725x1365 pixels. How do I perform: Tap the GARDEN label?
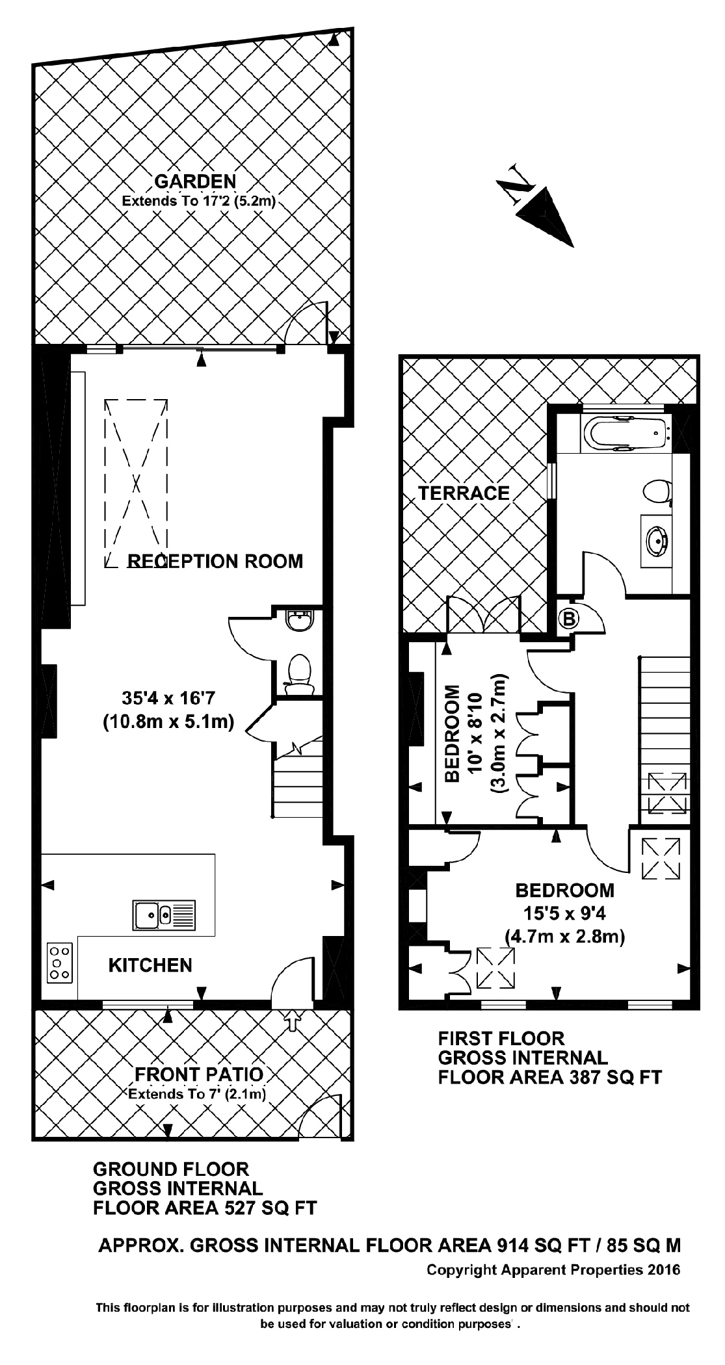(x=194, y=181)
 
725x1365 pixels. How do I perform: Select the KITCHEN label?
(x=150, y=965)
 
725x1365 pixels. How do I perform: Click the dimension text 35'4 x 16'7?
(x=168, y=698)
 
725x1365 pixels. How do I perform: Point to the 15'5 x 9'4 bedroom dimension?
(x=565, y=913)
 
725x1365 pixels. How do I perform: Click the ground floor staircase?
(x=298, y=786)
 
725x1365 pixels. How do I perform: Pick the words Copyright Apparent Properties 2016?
(x=553, y=1269)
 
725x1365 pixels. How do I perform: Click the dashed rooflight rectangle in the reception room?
(x=136, y=482)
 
